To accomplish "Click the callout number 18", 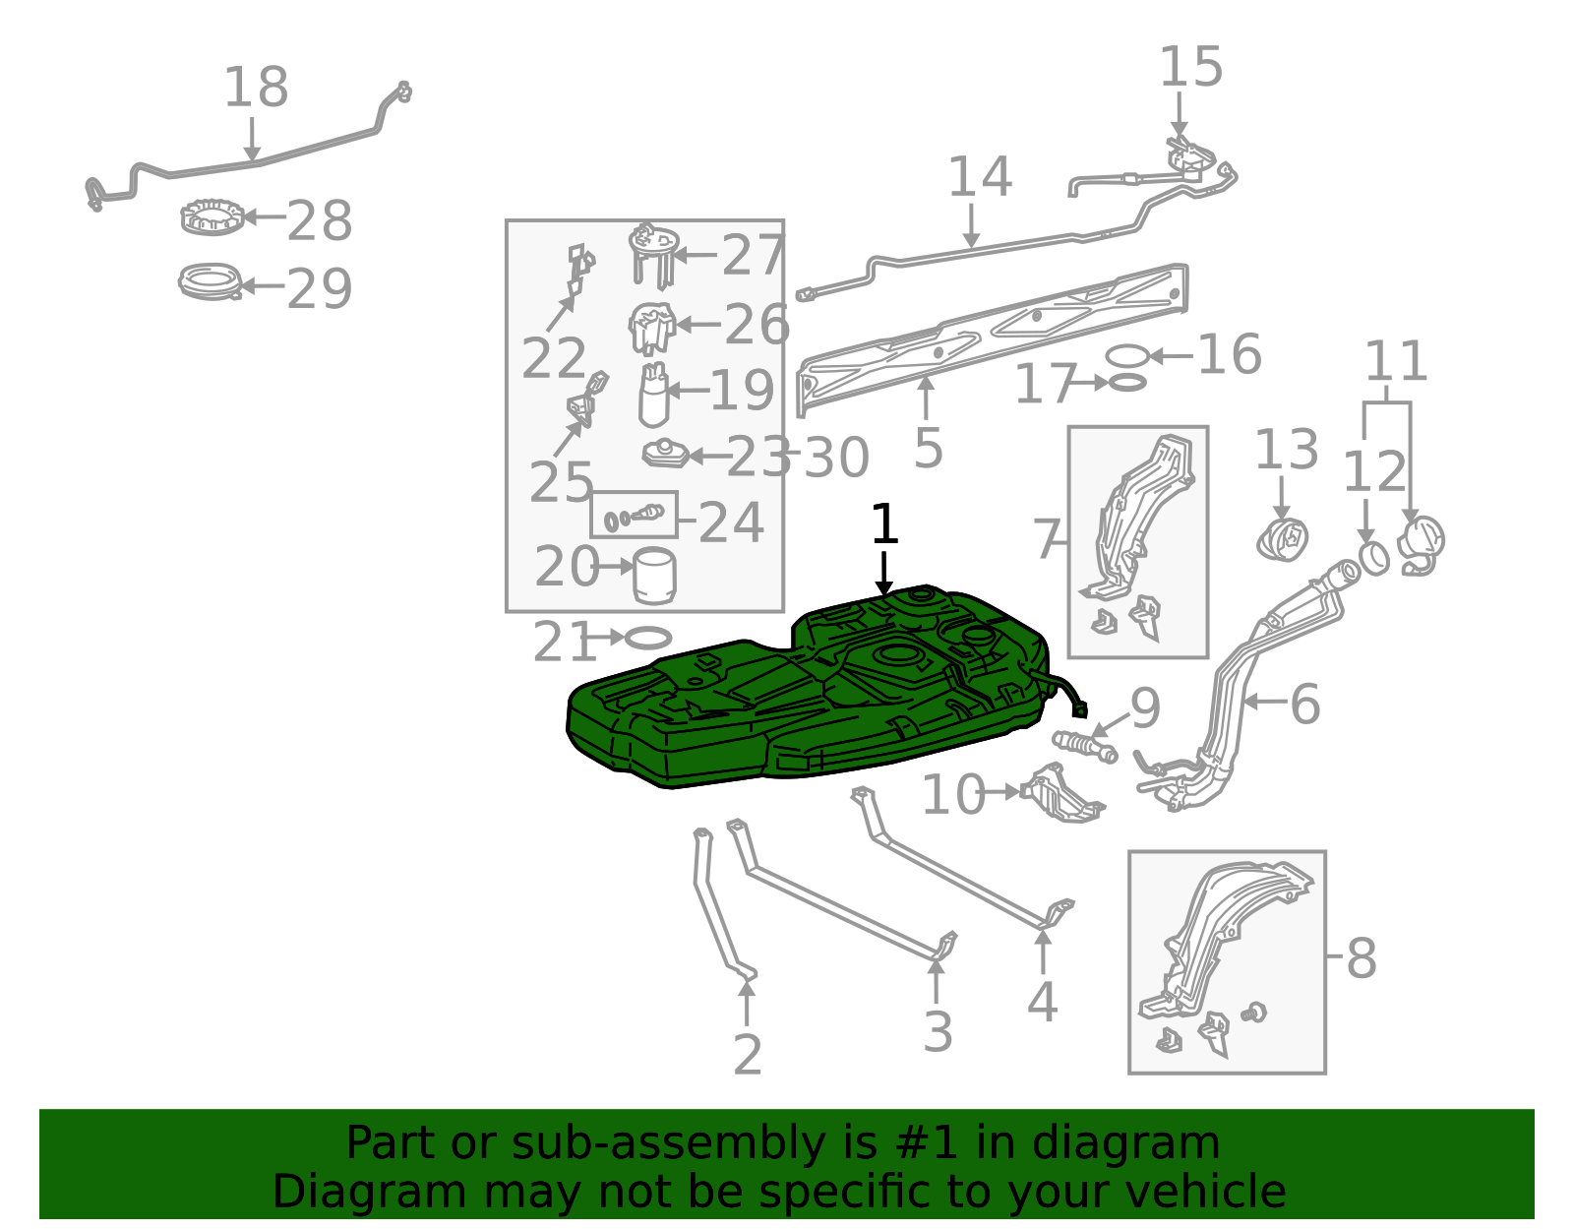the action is (x=257, y=88).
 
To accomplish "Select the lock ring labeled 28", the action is (x=212, y=217).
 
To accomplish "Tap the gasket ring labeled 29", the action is (x=211, y=281).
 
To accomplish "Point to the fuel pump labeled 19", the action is (x=653, y=395).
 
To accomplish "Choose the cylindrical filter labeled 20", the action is (x=655, y=576).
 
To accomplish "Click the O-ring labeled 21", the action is (x=648, y=638).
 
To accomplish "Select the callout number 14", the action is (x=979, y=177).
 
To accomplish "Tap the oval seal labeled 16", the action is (x=1127, y=356).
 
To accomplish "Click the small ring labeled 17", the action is (x=1127, y=383).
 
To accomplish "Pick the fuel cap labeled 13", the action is (x=1282, y=540).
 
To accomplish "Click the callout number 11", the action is (x=1396, y=361).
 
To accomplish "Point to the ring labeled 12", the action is (x=1374, y=559).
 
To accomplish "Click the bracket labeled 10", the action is (x=1062, y=793).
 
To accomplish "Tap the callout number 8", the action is (x=1362, y=957).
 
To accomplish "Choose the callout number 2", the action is (x=748, y=1055).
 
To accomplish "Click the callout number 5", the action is (x=928, y=449).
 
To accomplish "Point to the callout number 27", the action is (x=754, y=255).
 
